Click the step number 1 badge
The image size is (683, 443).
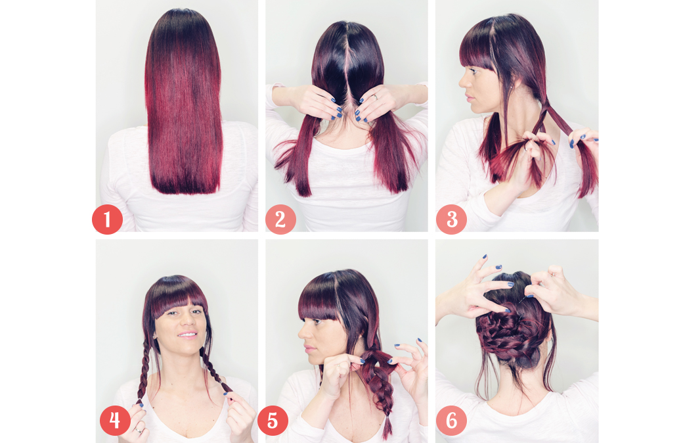tap(107, 220)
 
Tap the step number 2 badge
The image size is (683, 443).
tap(280, 220)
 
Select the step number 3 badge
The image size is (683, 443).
tap(451, 220)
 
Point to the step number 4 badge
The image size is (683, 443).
tap(115, 421)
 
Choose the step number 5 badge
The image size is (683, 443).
tap(273, 421)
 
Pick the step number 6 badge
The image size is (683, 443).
tap(451, 421)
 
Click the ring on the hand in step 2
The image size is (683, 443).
tap(375, 97)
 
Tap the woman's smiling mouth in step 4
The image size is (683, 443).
tap(187, 335)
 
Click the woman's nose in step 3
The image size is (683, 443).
tap(462, 81)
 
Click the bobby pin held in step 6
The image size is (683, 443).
tap(525, 296)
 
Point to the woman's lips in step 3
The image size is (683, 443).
tap(468, 95)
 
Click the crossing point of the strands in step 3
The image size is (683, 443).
tap(543, 103)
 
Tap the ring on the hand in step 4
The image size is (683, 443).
tap(139, 431)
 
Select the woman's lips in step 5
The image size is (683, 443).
tap(309, 348)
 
